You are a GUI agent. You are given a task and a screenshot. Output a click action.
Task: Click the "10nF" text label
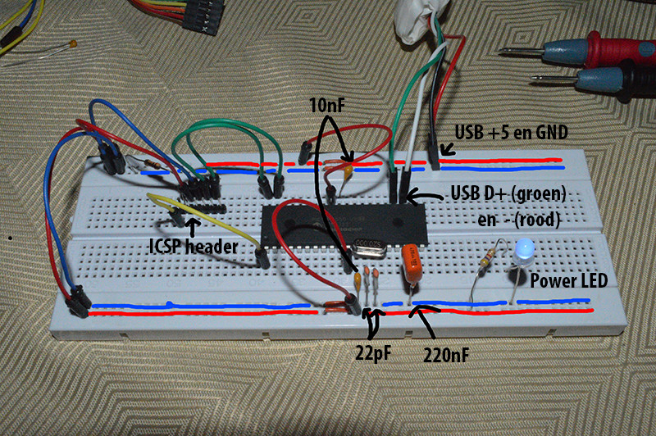coord(327,106)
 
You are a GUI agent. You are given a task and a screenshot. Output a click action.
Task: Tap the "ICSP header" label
coord(194,246)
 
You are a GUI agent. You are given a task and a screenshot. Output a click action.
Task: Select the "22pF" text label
coord(373,354)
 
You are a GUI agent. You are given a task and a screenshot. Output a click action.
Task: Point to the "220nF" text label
coord(446,356)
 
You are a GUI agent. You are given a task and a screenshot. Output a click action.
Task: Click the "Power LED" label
coord(569,280)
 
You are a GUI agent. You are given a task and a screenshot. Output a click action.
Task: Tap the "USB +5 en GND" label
coord(511,132)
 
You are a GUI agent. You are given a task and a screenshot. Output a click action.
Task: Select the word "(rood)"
coord(538,220)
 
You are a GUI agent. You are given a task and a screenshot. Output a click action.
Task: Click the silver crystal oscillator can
coord(369,248)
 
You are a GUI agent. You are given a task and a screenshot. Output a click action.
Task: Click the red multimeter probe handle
coord(607,49)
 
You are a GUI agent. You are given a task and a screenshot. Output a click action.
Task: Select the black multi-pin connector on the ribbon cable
coord(202,16)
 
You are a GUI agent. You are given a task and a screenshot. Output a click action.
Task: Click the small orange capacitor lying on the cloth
coord(73,43)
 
